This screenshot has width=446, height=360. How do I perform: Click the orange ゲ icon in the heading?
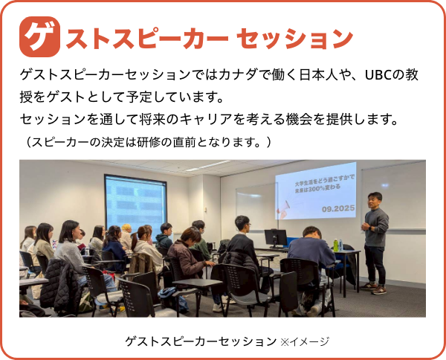click(x=39, y=36)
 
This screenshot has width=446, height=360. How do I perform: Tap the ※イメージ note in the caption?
click(x=304, y=341)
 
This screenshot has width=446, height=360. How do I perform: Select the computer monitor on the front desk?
click(x=276, y=237)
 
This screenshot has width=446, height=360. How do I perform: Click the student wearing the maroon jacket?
click(x=189, y=257)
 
